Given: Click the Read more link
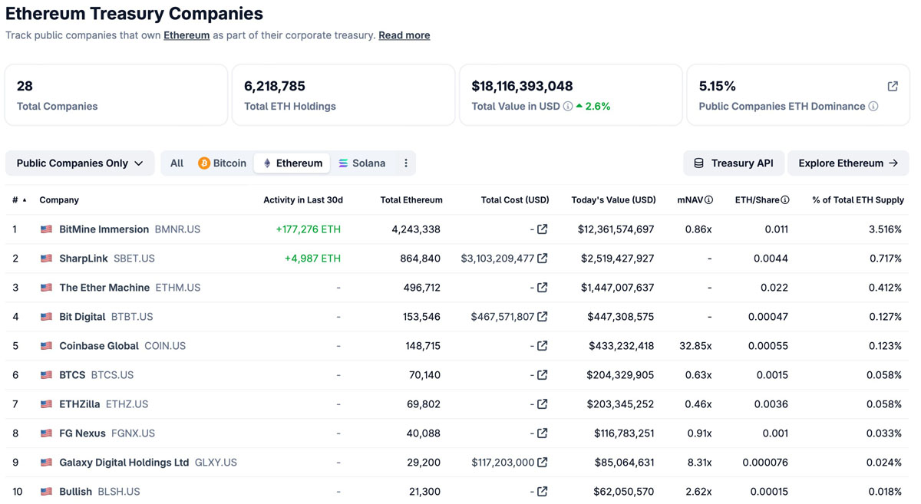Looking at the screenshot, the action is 404,35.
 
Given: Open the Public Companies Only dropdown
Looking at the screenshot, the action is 80,163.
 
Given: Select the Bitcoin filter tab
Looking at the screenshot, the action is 222,163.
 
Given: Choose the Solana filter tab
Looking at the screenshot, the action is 361,163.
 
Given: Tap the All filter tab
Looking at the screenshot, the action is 177,163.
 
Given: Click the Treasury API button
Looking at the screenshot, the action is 734,163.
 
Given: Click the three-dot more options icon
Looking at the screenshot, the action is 406,163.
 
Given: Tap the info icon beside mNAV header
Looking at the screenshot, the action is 709,199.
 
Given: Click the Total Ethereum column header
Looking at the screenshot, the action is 411,199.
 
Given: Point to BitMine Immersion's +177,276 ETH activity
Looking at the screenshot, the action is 309,229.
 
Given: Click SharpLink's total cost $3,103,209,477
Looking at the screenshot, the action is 497,259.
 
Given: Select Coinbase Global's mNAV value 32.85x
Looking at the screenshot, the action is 695,346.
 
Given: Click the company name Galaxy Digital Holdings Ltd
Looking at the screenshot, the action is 124,463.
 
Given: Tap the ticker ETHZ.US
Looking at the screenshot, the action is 127,404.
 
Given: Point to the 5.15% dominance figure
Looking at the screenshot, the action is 717,86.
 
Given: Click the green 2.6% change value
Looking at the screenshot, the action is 597,107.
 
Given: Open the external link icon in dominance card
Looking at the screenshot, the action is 893,86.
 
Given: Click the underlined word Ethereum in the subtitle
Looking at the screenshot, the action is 187,35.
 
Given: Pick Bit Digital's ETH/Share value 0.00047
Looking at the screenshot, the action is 768,317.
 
